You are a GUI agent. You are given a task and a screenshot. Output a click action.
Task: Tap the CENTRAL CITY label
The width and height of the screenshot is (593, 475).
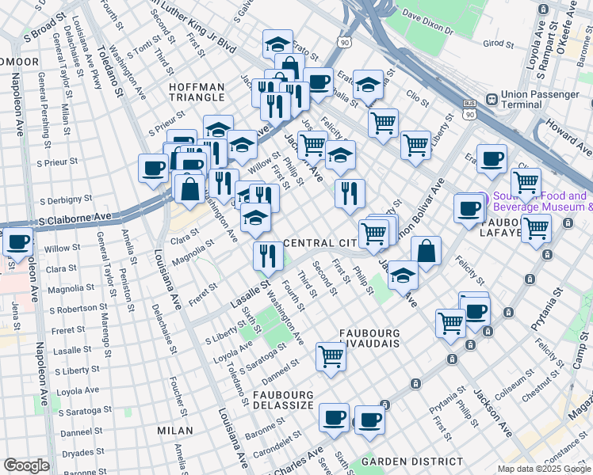(x=317, y=242)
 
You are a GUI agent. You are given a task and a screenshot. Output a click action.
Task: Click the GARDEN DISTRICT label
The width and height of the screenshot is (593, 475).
(x=412, y=461)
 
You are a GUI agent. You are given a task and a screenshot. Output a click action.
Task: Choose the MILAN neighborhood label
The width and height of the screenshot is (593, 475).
(x=175, y=431)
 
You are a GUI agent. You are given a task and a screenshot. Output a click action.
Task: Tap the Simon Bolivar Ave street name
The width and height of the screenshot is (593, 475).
(x=419, y=214)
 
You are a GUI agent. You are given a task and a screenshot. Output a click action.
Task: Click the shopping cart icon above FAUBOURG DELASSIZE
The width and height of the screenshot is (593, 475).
(x=331, y=356)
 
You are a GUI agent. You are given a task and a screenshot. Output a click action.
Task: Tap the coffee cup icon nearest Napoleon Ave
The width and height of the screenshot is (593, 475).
(x=17, y=241)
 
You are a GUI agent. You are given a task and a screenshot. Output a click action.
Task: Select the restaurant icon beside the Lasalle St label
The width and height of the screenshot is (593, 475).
(x=267, y=255)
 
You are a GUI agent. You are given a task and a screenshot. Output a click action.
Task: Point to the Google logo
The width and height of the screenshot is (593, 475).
(x=27, y=465)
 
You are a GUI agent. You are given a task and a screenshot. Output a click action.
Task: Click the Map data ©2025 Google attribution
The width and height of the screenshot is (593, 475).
(x=543, y=469)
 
